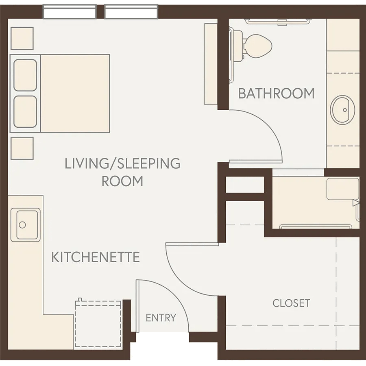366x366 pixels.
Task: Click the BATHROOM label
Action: point(276,94)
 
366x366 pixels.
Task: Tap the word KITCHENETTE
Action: point(96,257)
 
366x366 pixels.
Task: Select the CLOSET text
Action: point(291,303)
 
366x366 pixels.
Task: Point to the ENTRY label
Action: point(161,318)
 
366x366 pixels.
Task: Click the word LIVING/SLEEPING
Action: point(122,163)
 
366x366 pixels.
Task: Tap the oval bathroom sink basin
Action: point(342,110)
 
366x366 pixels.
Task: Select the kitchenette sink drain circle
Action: point(22,225)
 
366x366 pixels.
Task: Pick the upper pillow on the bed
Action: point(25,75)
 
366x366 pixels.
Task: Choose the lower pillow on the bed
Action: point(25,112)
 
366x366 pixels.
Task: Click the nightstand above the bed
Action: point(22,38)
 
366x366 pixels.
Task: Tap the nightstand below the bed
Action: point(22,148)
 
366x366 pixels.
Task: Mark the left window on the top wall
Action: point(70,12)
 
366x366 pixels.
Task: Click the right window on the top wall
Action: point(131,12)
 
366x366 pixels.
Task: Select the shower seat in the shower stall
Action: point(343,189)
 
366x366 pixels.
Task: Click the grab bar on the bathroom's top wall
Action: point(277,22)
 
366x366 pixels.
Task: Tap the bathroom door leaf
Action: point(256,161)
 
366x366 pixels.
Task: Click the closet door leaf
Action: point(192,244)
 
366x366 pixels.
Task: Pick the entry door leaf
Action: point(137,306)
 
